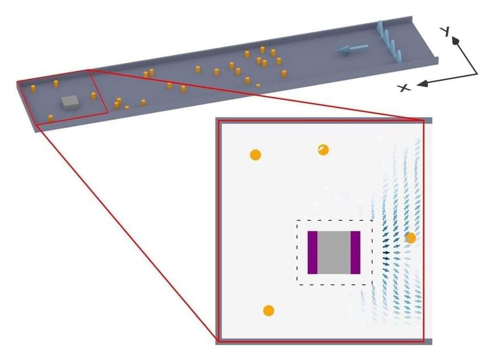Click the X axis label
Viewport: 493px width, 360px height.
[404, 87]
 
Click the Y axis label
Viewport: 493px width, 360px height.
[447, 32]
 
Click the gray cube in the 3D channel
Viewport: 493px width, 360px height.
[70, 102]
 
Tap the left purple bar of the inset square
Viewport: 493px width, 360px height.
[312, 253]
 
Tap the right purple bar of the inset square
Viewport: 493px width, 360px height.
[356, 253]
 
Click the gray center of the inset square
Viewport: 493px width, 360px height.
[334, 253]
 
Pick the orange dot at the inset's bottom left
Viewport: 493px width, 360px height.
[269, 311]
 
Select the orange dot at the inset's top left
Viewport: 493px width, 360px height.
[255, 154]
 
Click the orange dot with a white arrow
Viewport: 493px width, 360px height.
[323, 149]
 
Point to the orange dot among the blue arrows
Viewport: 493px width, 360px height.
[410, 238]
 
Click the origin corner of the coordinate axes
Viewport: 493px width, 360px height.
[477, 74]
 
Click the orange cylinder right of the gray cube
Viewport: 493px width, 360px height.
[94, 95]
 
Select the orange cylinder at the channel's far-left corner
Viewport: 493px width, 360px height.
[32, 89]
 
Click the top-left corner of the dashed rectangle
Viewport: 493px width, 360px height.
[297, 220]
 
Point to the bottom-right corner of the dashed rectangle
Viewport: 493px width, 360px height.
[372, 284]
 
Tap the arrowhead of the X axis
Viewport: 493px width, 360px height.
[420, 85]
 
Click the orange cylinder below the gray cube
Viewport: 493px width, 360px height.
[51, 118]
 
